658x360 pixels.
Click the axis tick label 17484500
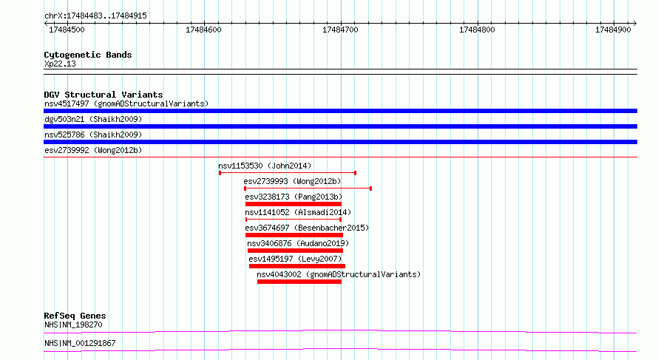pyautogui.click(x=67, y=30)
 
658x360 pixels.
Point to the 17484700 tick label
pyautogui.click(x=340, y=30)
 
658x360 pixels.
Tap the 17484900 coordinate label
pyautogui.click(x=613, y=30)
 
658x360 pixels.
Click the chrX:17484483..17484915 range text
pyautogui.click(x=95, y=16)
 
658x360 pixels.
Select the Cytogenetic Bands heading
pyautogui.click(x=88, y=55)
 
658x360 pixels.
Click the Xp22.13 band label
pyautogui.click(x=60, y=64)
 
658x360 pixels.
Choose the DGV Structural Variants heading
pyautogui.click(x=104, y=95)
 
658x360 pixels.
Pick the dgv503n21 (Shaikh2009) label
pyautogui.click(x=93, y=119)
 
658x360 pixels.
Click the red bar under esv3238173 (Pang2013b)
pyautogui.click(x=294, y=204)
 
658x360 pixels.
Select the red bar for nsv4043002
pyautogui.click(x=299, y=282)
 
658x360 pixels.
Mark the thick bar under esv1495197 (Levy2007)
pyautogui.click(x=297, y=266)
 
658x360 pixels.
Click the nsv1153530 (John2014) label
pyautogui.click(x=265, y=166)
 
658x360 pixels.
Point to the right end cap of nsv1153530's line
pyautogui.click(x=356, y=173)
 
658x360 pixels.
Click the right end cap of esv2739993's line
pyautogui.click(x=370, y=189)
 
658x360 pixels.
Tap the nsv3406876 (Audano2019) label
pyautogui.click(x=298, y=243)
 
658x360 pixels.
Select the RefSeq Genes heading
pyautogui.click(x=75, y=316)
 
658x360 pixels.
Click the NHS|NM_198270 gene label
pyautogui.click(x=73, y=325)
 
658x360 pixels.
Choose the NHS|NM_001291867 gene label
pyautogui.click(x=80, y=343)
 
